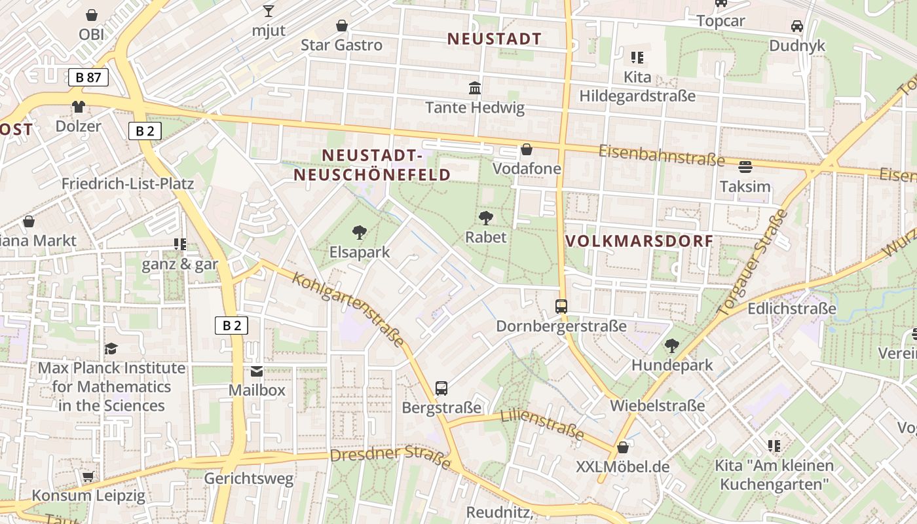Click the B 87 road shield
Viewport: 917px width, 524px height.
[88, 77]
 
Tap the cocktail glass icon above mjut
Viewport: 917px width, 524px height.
[268, 10]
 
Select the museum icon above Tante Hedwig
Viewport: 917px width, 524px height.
[475, 88]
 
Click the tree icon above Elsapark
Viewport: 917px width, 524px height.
[359, 232]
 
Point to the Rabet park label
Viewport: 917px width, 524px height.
[486, 236]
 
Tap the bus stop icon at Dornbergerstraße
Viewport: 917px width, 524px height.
[561, 306]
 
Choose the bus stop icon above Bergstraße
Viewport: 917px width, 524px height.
[441, 388]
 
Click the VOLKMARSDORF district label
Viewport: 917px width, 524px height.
[639, 240]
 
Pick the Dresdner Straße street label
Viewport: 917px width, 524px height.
[390, 457]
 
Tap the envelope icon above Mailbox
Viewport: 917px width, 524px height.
[257, 371]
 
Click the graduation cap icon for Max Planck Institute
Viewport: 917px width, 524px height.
[111, 348]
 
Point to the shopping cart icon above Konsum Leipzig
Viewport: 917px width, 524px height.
[88, 476]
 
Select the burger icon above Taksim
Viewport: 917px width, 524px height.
[745, 167]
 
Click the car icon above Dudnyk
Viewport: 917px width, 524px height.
[797, 26]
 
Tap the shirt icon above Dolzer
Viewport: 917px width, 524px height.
[79, 107]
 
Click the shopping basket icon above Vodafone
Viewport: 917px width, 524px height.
[526, 149]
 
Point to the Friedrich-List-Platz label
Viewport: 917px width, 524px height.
[128, 183]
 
